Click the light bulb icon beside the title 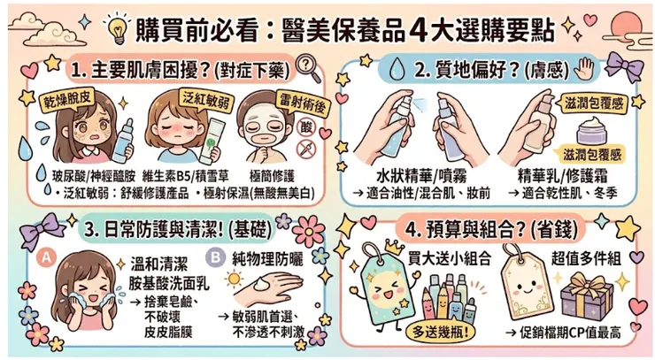[x=117, y=28]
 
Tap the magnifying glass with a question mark [x=308, y=68]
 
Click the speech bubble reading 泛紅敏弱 [x=206, y=100]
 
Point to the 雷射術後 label [x=303, y=103]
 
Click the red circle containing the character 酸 [x=306, y=127]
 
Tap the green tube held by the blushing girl [x=212, y=142]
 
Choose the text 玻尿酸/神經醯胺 [x=94, y=176]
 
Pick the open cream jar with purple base [x=591, y=131]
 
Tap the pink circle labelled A [x=46, y=257]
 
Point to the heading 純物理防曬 [x=268, y=259]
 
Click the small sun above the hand [x=234, y=279]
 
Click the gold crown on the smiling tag [x=394, y=248]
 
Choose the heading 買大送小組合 [x=450, y=259]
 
